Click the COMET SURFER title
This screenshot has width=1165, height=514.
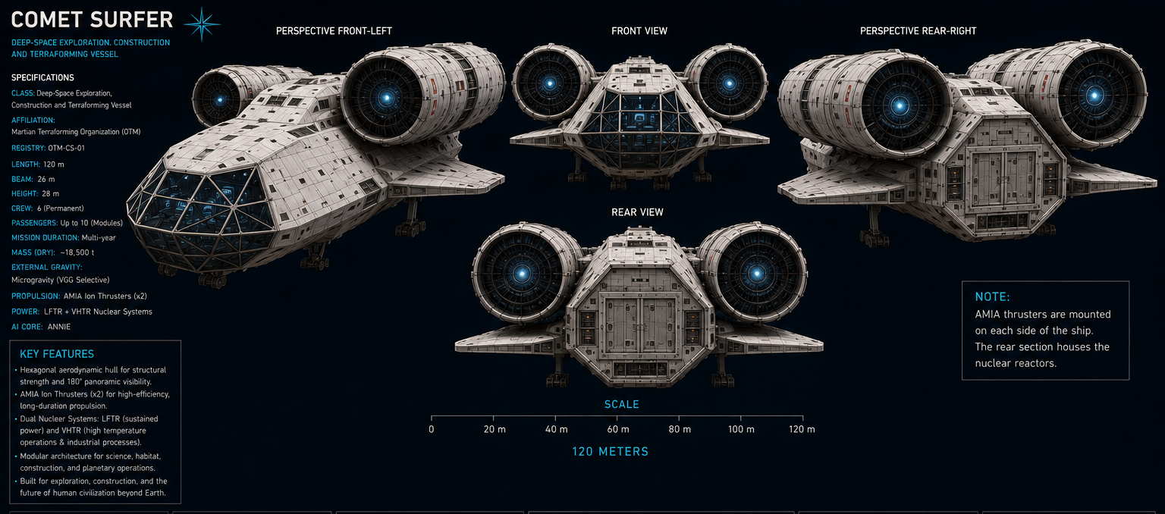coord(92,20)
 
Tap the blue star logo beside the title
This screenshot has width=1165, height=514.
coord(202,24)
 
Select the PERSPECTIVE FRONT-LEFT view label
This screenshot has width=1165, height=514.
coord(334,31)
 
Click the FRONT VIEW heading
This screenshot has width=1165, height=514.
coord(639,31)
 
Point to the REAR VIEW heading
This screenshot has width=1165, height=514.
coord(638,212)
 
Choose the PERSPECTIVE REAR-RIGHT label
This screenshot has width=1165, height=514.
coord(918,31)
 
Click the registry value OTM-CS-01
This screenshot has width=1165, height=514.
coord(67,148)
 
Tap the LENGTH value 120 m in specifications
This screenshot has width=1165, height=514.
coord(54,165)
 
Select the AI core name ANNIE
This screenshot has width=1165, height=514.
coord(58,327)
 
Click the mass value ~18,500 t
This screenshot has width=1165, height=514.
coord(77,252)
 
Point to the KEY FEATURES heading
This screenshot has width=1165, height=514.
coord(57,354)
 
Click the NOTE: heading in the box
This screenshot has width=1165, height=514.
coord(992,296)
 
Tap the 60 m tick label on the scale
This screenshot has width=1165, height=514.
coord(618,429)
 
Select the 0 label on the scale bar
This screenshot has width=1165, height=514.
coord(431,429)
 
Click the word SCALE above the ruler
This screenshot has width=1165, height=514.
coord(621,404)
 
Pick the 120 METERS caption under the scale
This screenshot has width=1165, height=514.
coord(611,452)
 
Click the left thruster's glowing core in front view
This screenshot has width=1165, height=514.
coord(550,83)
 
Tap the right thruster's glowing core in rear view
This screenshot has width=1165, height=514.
coord(757,273)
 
